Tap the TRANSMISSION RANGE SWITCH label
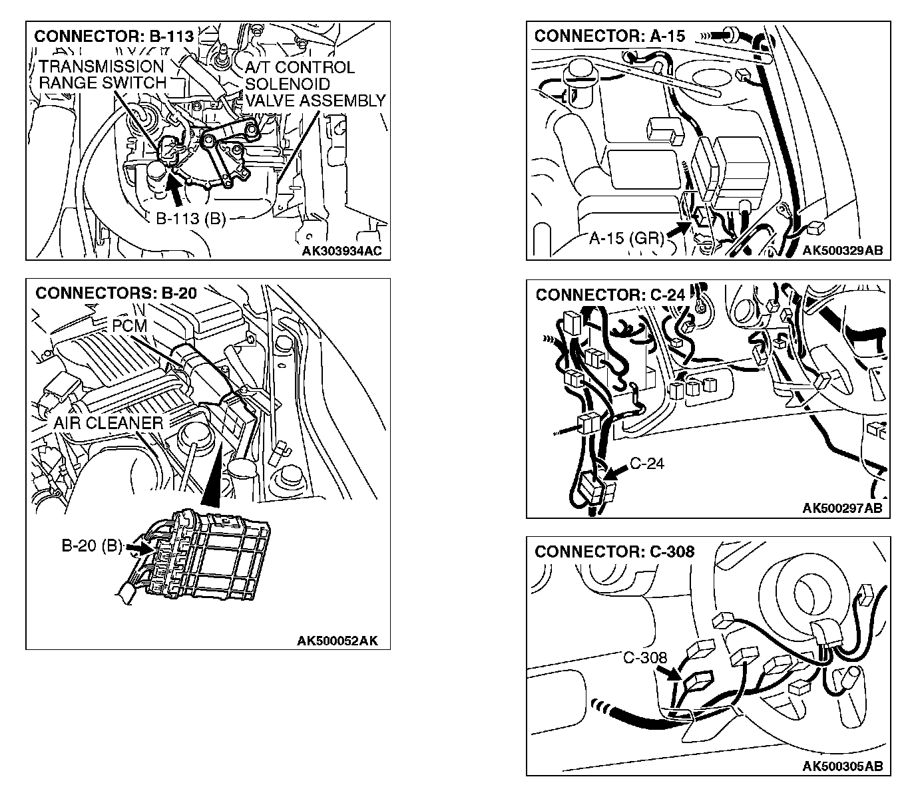click(102, 75)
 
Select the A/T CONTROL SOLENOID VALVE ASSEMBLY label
click(314, 84)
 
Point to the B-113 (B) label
click(191, 219)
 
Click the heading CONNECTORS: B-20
click(116, 293)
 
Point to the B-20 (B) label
click(92, 547)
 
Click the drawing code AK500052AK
click(338, 641)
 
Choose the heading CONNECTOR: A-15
click(609, 37)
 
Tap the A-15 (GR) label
click(626, 238)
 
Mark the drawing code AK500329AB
click(842, 250)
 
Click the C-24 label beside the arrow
click(647, 464)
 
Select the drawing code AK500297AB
click(842, 508)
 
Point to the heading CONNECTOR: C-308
click(614, 552)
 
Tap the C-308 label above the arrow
click(645, 658)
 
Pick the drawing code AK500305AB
click(842, 766)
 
